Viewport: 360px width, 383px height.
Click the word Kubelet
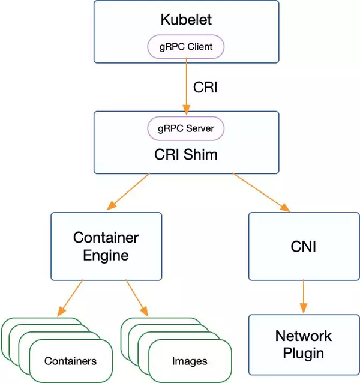click(186, 20)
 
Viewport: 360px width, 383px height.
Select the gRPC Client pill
click(186, 46)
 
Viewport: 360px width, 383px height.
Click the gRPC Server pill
click(186, 128)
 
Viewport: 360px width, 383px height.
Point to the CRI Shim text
click(186, 154)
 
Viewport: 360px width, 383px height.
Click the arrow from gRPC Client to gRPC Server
click(186, 84)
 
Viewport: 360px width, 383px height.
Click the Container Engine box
click(106, 246)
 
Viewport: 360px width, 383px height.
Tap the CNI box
click(303, 246)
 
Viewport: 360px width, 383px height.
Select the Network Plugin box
click(303, 344)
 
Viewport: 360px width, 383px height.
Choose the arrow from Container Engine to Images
click(137, 298)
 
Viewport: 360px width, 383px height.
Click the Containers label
click(70, 361)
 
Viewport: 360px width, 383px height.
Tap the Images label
click(190, 361)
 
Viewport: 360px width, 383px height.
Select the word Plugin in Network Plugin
click(303, 352)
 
